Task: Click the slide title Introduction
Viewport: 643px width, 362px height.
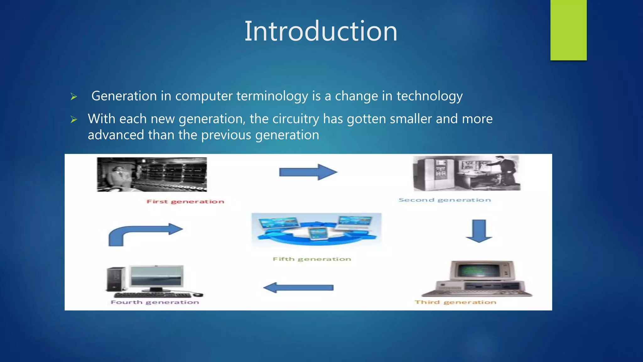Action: [321, 31]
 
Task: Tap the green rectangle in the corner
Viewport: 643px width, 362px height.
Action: [568, 30]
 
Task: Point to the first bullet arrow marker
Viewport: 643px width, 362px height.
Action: [74, 97]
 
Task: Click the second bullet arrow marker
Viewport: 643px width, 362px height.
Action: [74, 119]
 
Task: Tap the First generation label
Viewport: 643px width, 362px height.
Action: [185, 201]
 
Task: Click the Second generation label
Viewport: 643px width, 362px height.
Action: [445, 200]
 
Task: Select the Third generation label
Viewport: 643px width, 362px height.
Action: [455, 302]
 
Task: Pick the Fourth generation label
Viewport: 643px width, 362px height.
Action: [155, 302]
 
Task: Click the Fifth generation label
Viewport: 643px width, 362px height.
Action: [312, 259]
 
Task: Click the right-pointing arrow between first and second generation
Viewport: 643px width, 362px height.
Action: [308, 172]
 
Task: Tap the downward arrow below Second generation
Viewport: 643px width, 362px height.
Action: [479, 231]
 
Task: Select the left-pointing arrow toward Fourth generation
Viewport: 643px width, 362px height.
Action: [298, 288]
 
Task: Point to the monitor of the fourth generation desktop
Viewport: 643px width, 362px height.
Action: [156, 276]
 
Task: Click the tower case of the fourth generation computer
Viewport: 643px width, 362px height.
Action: [116, 279]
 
